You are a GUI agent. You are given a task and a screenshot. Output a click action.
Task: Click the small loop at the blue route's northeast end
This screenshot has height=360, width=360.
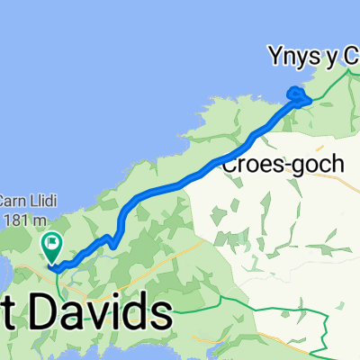(x=296, y=93)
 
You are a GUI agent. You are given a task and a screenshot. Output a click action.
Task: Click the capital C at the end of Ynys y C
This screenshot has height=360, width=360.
(x=350, y=58)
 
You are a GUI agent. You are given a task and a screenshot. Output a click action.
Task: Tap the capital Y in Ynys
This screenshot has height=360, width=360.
(x=275, y=58)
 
